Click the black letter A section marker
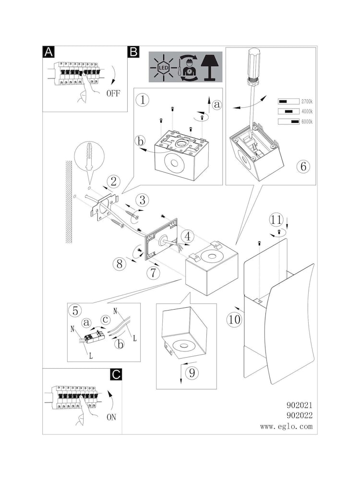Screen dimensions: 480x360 (48, 52)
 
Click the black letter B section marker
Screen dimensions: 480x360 (133, 52)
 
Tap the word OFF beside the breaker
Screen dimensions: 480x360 (113, 93)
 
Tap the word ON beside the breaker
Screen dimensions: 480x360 (111, 417)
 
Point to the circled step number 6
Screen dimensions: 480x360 (302, 167)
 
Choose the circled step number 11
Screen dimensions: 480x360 (276, 220)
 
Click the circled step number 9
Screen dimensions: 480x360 (192, 372)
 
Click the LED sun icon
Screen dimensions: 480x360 (163, 69)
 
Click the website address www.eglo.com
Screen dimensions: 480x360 (287, 426)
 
